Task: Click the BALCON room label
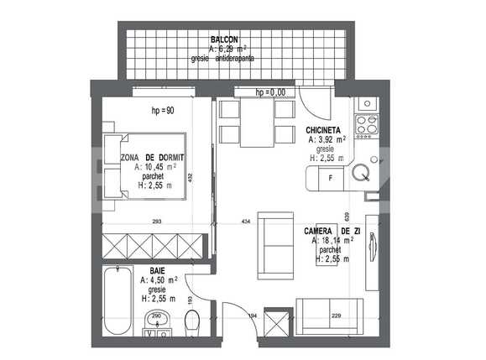coord(224,39)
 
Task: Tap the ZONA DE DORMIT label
coord(152,158)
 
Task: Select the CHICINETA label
coord(322,132)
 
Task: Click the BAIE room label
coord(157,271)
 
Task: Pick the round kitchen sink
coord(362,174)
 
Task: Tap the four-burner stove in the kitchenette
coord(366,124)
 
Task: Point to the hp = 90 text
coord(162,111)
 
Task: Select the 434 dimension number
coord(246,221)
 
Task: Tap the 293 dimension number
coord(157,221)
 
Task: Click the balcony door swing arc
coord(316,105)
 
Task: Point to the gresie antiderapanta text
coord(222,59)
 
